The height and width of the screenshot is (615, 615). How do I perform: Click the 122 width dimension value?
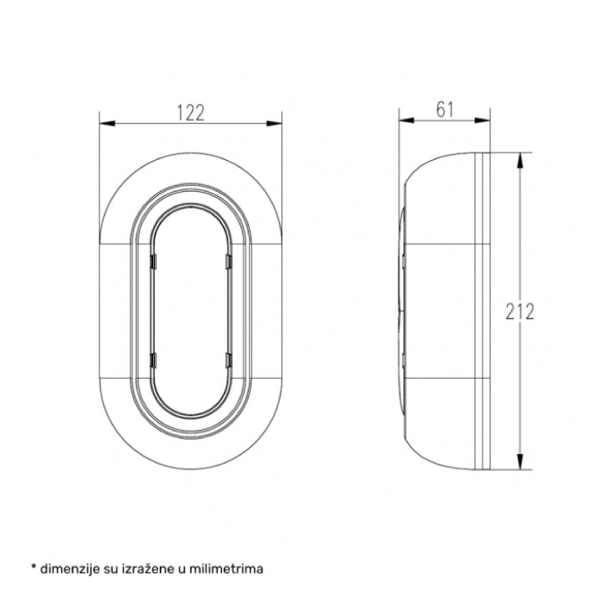(191, 112)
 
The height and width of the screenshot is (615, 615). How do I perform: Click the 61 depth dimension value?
(445, 110)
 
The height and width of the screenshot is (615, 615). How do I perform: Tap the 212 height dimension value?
(520, 312)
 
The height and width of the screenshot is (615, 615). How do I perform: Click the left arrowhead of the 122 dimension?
(107, 123)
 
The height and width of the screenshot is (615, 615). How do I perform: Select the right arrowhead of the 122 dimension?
(274, 123)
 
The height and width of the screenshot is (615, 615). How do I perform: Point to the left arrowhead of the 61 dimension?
(406, 120)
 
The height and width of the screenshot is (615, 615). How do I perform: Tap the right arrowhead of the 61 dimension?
(483, 120)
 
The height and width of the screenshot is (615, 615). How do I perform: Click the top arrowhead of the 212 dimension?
(520, 160)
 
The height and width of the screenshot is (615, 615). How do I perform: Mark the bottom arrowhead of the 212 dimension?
(520, 462)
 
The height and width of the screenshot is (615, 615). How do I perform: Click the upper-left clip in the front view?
(154, 261)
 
